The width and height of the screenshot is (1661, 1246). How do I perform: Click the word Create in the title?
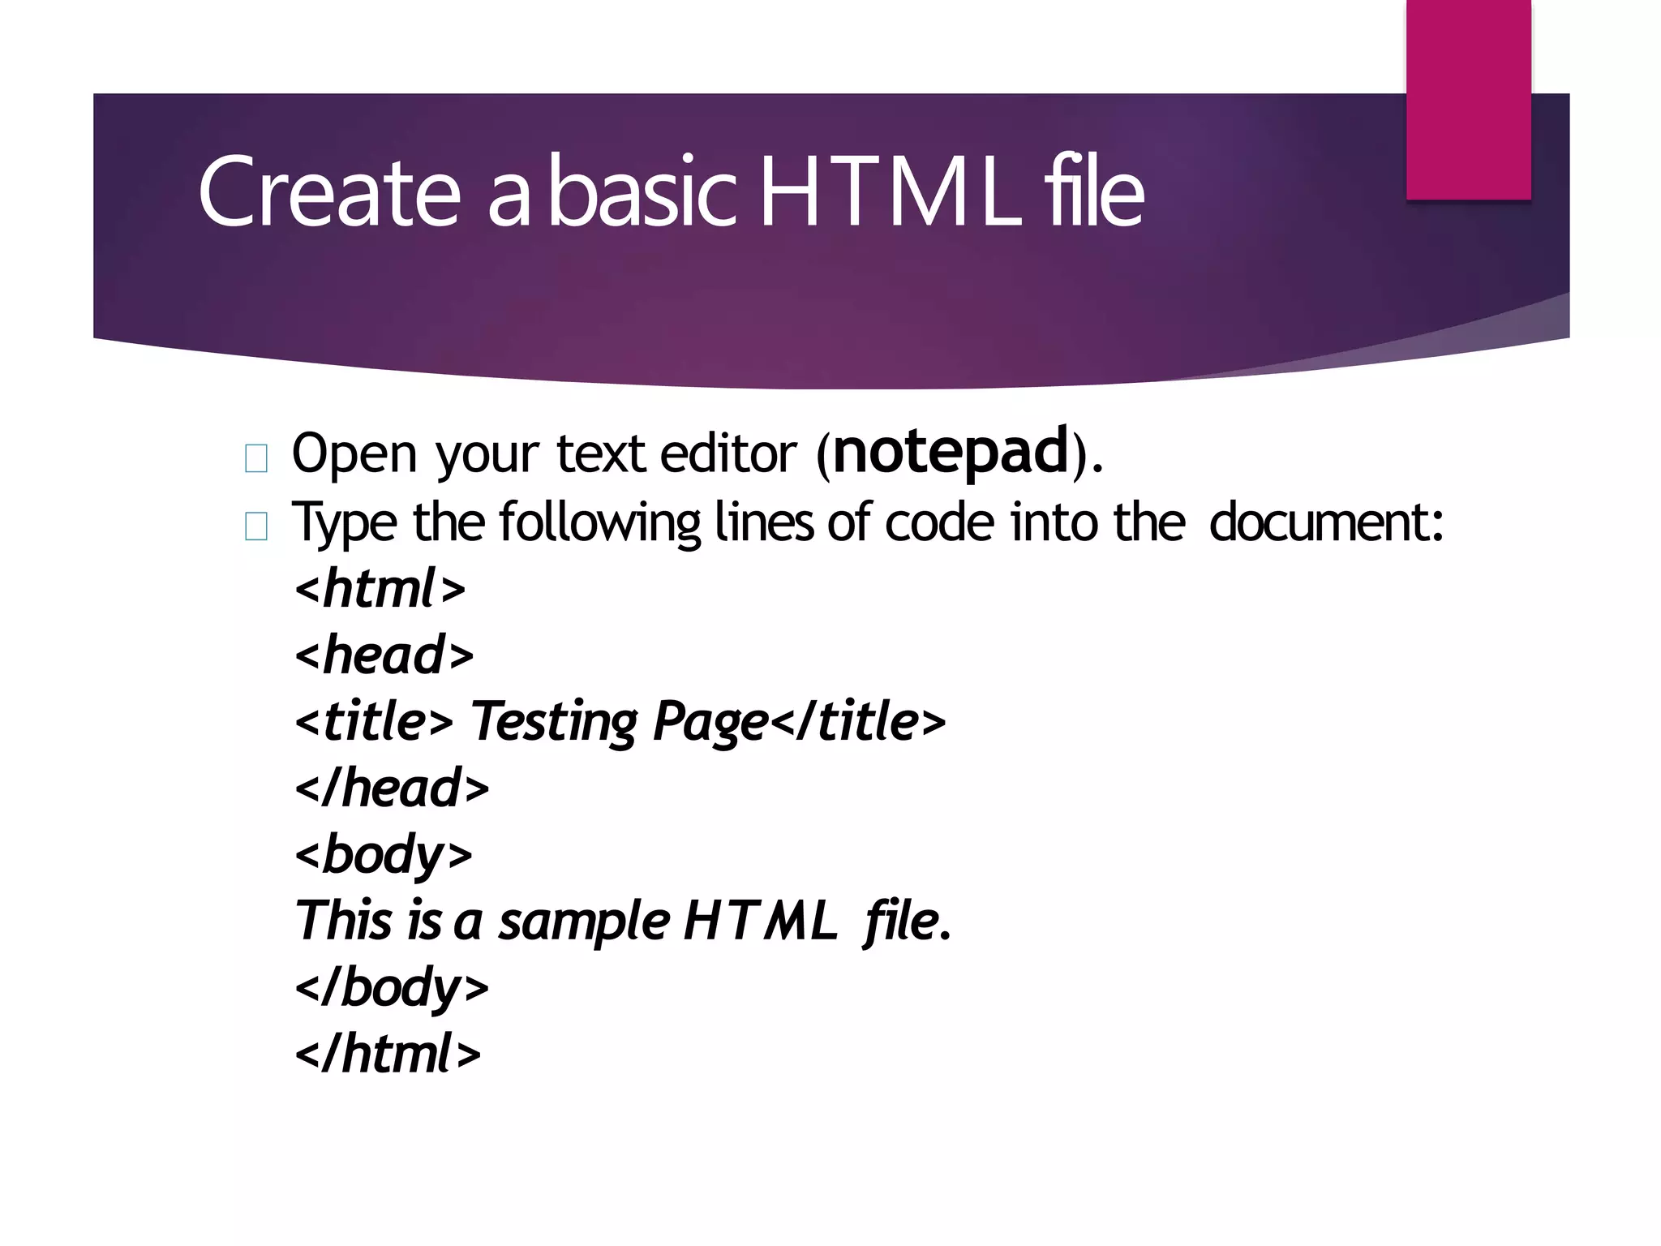328,192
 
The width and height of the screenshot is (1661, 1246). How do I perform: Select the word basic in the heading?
642,192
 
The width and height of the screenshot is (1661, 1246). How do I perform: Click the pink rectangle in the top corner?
1468,99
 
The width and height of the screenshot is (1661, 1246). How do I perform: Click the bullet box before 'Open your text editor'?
256,459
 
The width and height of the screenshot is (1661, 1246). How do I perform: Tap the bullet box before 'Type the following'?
256,527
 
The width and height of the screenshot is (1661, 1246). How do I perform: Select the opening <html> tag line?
380,588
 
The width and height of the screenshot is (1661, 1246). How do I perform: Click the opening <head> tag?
384,655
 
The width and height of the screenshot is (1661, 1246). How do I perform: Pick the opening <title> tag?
374,721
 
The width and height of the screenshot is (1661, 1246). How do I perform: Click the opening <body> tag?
384,854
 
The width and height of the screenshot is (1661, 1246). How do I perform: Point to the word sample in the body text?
584,922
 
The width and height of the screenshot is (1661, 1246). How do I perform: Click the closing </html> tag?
388,1054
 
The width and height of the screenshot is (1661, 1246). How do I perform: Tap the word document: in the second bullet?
1326,522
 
